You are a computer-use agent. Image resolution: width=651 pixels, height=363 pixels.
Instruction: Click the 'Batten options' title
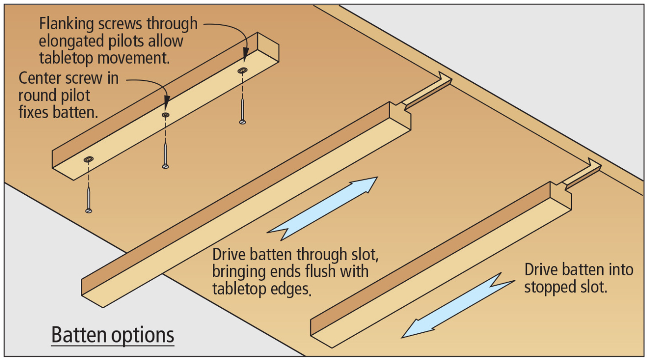(113, 335)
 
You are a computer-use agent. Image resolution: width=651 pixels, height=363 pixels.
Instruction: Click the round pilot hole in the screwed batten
(166, 114)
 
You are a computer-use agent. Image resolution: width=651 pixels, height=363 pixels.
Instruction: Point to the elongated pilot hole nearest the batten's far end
(242, 71)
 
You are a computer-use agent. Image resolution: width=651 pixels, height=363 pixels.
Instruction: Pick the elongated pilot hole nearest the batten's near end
(88, 159)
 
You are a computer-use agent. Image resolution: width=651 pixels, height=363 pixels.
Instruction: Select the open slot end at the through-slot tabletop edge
(444, 79)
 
